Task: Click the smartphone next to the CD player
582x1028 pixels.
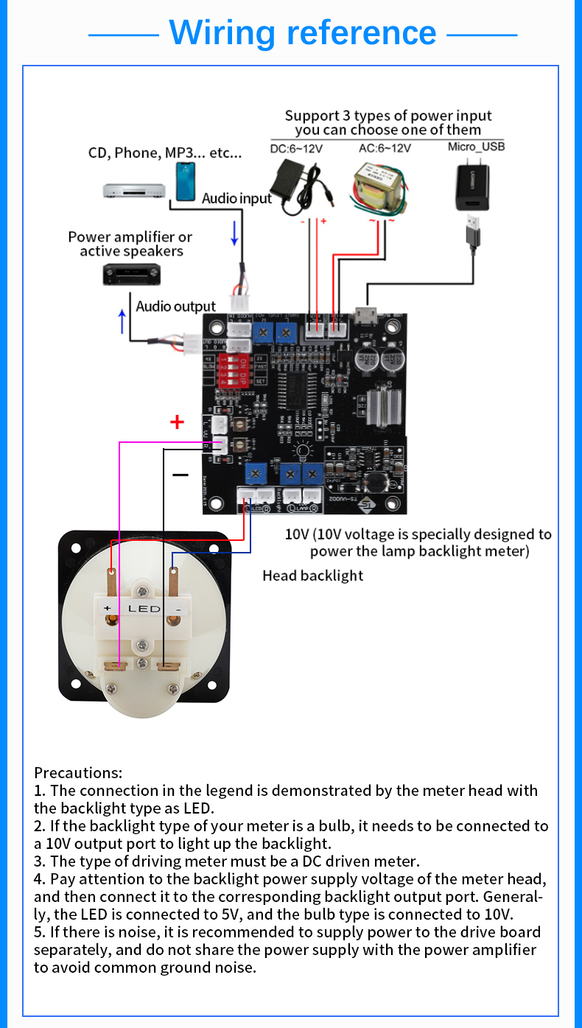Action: [186, 181]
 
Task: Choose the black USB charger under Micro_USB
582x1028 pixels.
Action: [472, 189]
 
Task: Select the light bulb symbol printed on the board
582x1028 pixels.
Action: [302, 451]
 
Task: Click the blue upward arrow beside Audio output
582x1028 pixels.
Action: [122, 321]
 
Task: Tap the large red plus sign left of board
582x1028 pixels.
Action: [177, 422]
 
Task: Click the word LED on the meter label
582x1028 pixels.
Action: [144, 609]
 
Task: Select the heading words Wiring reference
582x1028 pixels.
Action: [303, 33]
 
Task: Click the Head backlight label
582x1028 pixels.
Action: [312, 576]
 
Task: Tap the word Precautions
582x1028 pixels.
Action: [77, 773]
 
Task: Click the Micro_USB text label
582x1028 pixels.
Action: [476, 147]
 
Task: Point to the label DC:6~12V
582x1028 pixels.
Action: [296, 148]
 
